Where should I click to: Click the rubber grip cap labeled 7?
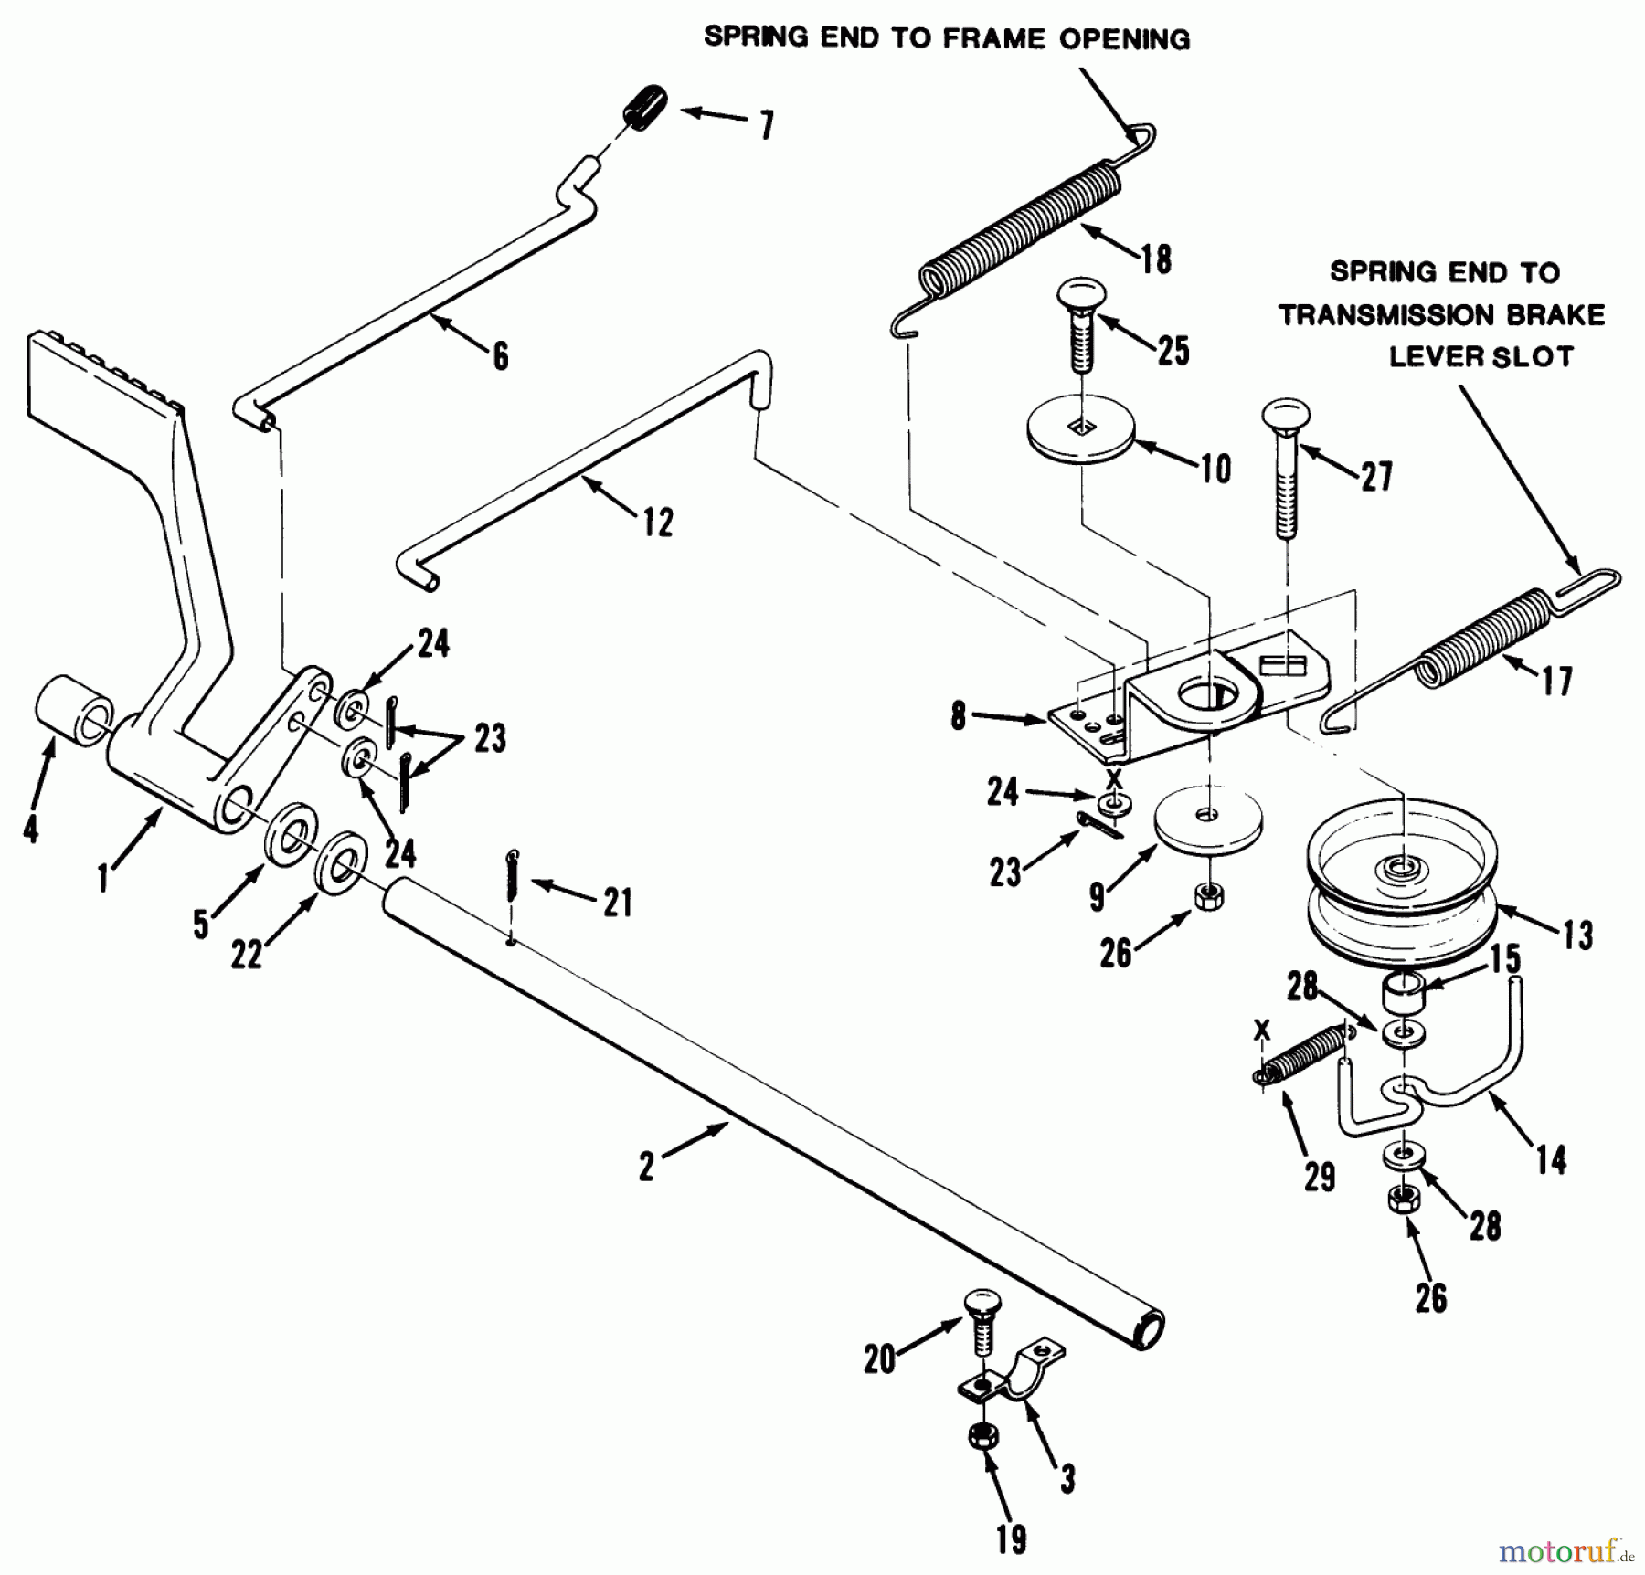[x=643, y=109]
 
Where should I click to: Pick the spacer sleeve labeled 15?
[x=1402, y=991]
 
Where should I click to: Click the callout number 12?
[x=657, y=523]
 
